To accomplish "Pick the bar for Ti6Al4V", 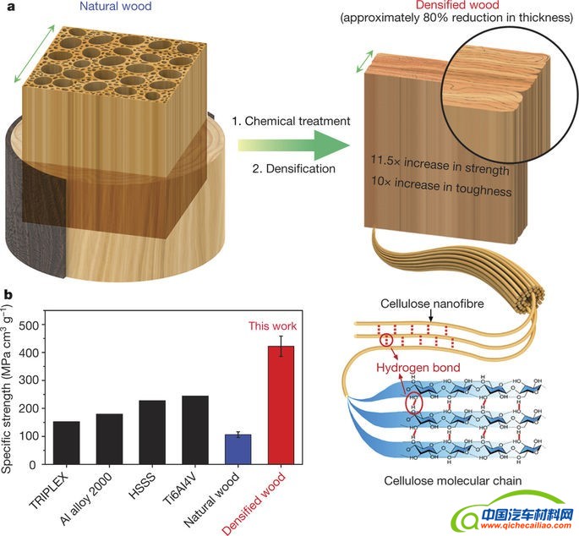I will click(194, 430).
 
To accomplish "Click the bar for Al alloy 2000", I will click(109, 439).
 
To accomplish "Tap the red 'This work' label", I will click(273, 325).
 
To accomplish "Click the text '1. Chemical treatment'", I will click(291, 122).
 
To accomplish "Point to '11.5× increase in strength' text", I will click(440, 170).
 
